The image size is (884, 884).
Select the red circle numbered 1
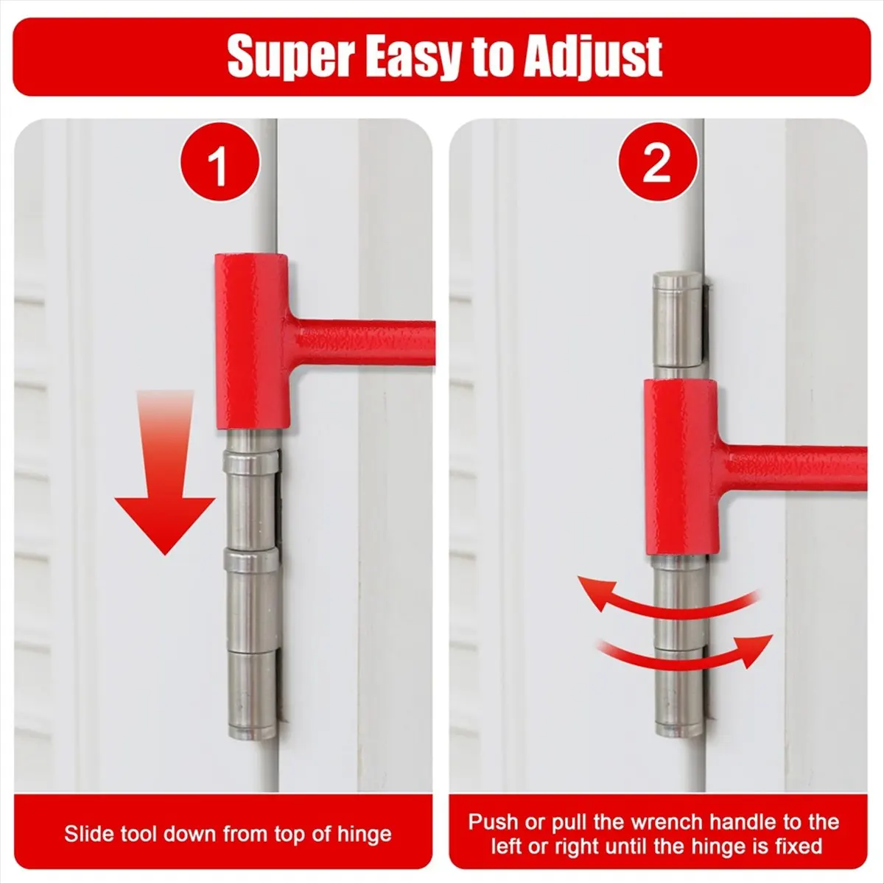point(220,162)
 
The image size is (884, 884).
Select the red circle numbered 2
point(658,162)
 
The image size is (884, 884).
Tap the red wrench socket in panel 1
point(253,342)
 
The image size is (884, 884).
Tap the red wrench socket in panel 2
point(681,468)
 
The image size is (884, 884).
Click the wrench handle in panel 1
point(362,343)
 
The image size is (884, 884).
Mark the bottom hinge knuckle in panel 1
point(252,700)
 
